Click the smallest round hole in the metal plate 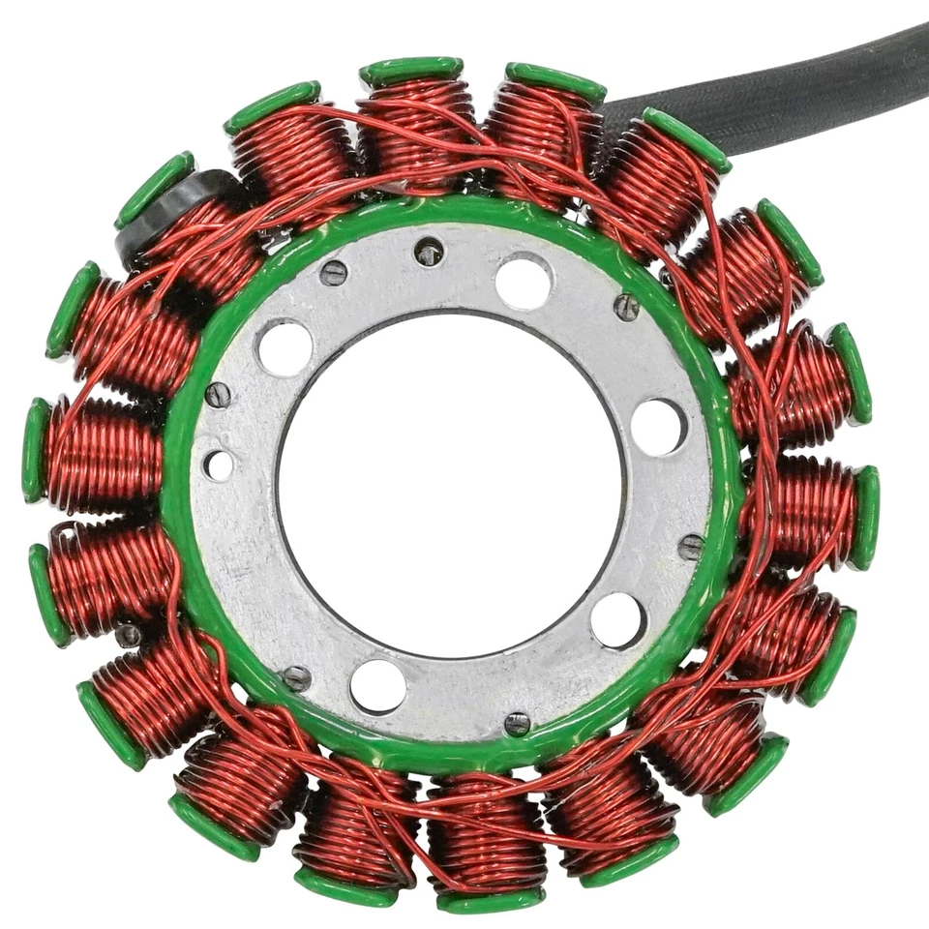[x=219, y=464]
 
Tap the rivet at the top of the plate [x=429, y=254]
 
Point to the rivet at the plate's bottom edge [x=518, y=722]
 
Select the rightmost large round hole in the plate [x=658, y=426]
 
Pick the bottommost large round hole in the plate [x=377, y=686]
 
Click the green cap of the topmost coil [x=411, y=71]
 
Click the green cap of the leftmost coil [x=36, y=451]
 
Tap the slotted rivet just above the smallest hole [x=219, y=395]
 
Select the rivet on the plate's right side [x=690, y=547]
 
